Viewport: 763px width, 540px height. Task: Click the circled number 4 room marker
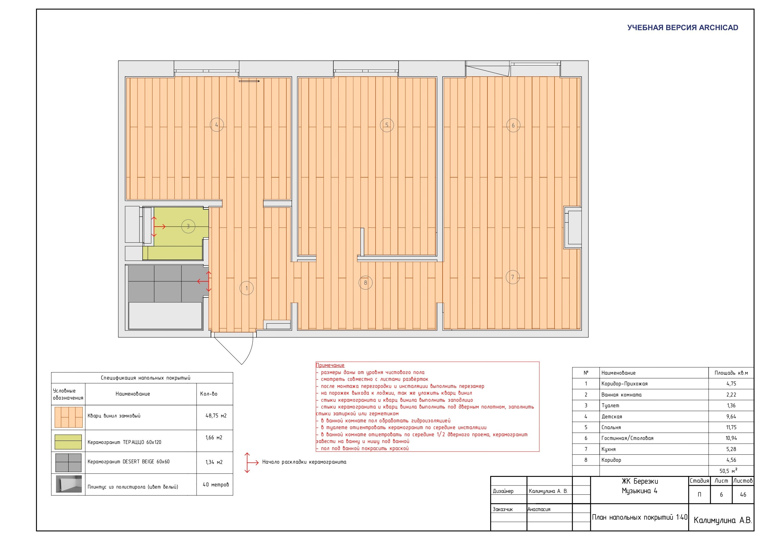click(x=217, y=125)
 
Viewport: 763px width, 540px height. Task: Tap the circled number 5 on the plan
click(x=387, y=125)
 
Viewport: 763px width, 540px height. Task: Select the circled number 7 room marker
click(x=512, y=277)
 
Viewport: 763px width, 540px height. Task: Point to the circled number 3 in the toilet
click(x=188, y=226)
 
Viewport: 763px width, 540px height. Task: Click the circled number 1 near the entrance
click(x=247, y=288)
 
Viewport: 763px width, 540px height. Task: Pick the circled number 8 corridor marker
click(x=366, y=283)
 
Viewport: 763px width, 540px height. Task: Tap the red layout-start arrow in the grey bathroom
click(x=204, y=281)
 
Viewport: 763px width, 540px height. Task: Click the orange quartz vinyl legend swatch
click(x=69, y=417)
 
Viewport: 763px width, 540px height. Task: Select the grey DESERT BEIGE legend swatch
click(x=69, y=462)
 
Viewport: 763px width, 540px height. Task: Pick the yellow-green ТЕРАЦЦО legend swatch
click(x=68, y=442)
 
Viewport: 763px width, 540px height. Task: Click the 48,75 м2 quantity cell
click(x=216, y=416)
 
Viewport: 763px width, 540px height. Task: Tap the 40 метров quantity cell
click(x=216, y=485)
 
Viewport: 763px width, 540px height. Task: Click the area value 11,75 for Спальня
click(x=731, y=427)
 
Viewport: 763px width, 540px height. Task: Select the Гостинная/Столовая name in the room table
click(x=627, y=438)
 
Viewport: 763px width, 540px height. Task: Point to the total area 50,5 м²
click(x=728, y=470)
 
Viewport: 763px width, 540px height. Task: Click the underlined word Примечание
click(x=330, y=365)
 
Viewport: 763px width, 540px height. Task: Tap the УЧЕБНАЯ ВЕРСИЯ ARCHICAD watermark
click(x=683, y=28)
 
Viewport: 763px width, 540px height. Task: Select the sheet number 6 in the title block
click(x=721, y=495)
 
